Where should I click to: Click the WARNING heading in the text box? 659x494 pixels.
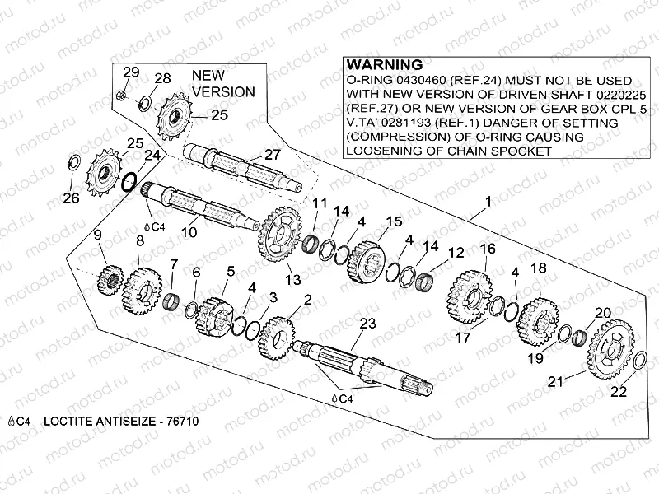pyautogui.click(x=385, y=64)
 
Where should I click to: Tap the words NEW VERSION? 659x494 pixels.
pyautogui.click(x=222, y=83)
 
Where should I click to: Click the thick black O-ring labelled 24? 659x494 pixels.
pyautogui.click(x=130, y=181)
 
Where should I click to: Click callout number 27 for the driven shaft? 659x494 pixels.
pyautogui.click(x=272, y=154)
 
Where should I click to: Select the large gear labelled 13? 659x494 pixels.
pyautogui.click(x=281, y=233)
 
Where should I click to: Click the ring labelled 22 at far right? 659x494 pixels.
pyautogui.click(x=641, y=360)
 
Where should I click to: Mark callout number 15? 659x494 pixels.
pyautogui.click(x=394, y=221)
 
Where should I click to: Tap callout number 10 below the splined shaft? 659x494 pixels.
pyautogui.click(x=189, y=233)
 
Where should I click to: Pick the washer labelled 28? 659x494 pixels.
pyautogui.click(x=144, y=103)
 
